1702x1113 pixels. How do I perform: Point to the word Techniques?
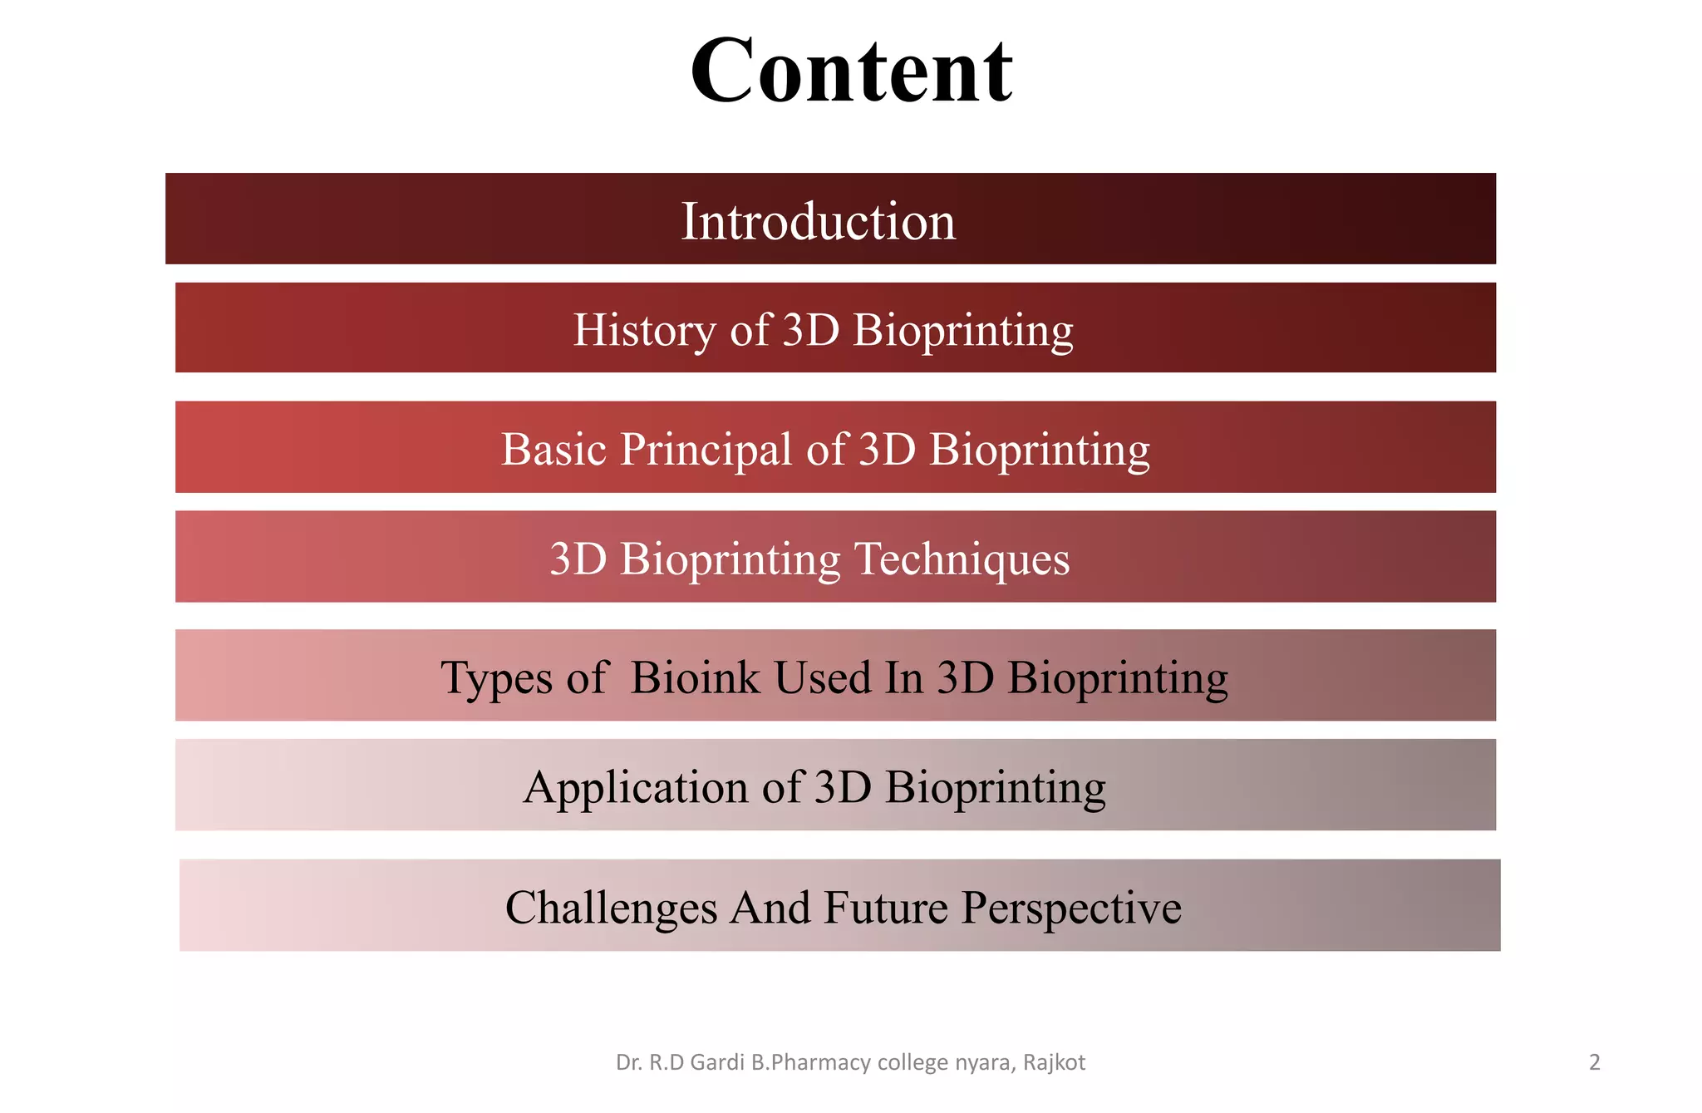pos(962,559)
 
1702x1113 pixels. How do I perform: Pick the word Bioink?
pos(695,677)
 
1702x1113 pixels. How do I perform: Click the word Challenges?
pos(611,907)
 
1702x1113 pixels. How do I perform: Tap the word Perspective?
pos(1071,907)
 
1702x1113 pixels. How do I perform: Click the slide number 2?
pos(1594,1062)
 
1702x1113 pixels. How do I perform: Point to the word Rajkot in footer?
pos(1054,1062)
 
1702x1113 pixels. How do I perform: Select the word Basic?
pos(553,450)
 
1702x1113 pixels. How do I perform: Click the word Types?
pos(496,677)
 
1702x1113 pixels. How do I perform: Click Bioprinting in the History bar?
pos(963,330)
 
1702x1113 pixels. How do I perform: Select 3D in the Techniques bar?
pos(578,559)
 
